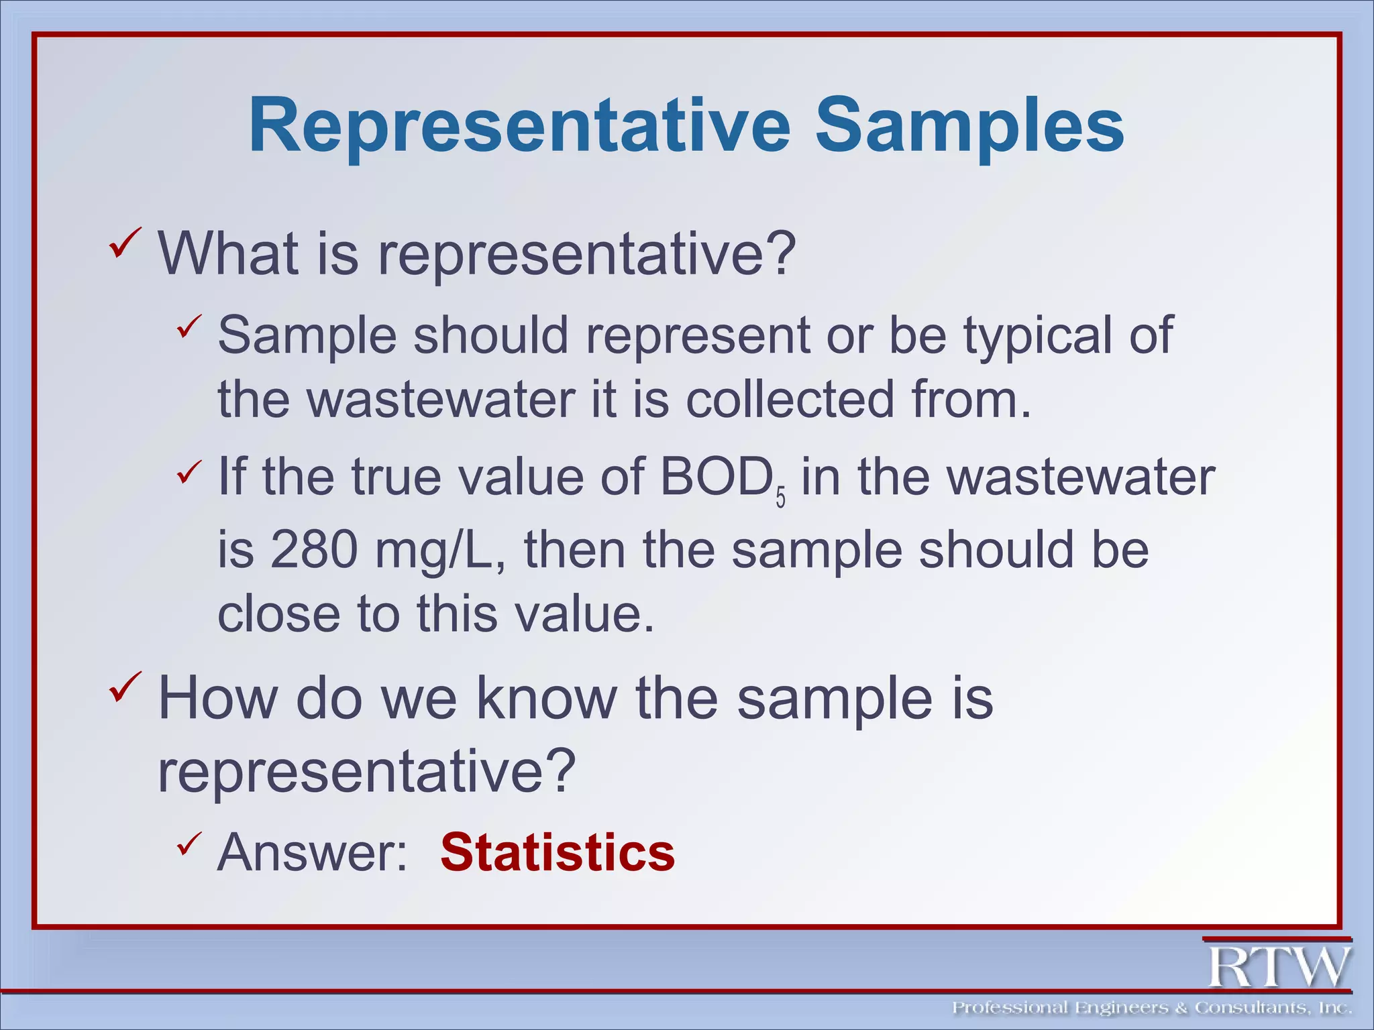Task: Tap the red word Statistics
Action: click(x=557, y=852)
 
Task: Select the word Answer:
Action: click(x=313, y=852)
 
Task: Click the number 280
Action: click(x=314, y=549)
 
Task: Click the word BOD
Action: click(x=716, y=477)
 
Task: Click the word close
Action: click(x=277, y=614)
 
